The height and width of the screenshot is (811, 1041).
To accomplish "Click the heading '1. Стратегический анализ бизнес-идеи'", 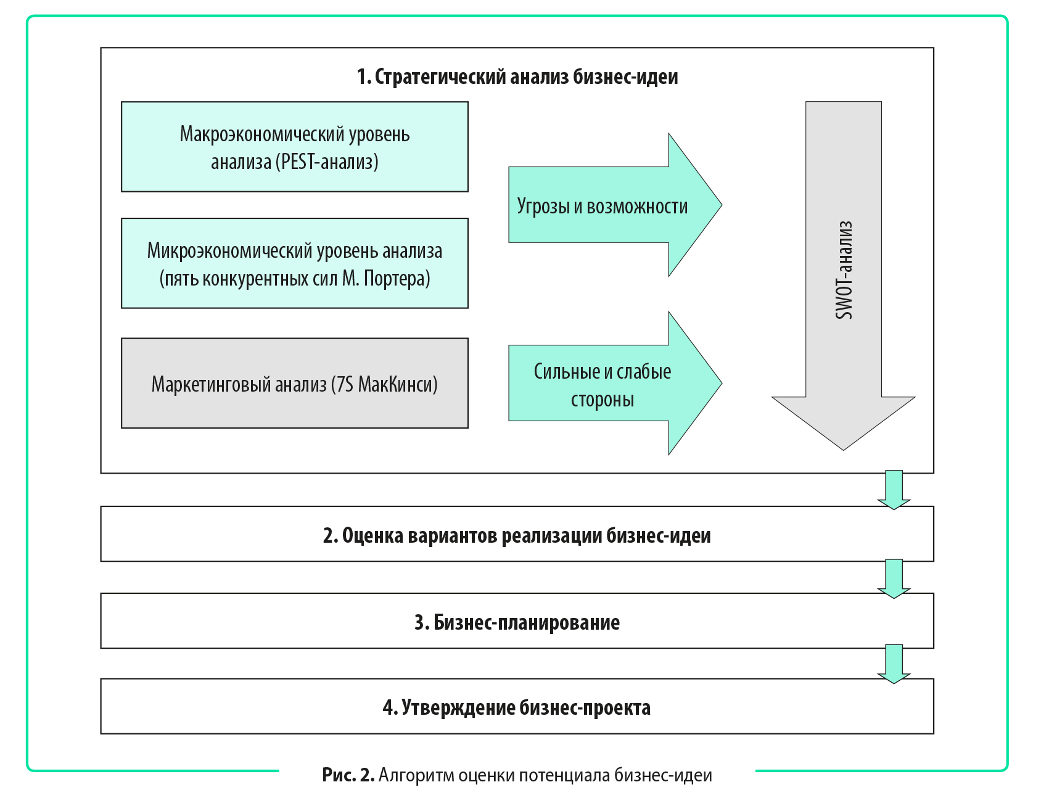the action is (x=517, y=76).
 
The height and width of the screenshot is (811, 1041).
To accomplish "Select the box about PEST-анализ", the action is (x=295, y=147).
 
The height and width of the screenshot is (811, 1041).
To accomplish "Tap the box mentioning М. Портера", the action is (x=295, y=263).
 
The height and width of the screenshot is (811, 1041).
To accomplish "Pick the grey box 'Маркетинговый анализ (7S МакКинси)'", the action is (x=295, y=383).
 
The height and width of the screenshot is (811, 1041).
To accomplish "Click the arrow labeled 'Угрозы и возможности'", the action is (x=615, y=205).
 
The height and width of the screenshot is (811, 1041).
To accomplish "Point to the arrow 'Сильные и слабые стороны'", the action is (x=615, y=383).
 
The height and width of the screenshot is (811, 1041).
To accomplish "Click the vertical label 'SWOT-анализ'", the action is (x=844, y=270).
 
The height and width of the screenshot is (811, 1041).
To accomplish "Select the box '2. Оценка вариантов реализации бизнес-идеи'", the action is (x=517, y=534).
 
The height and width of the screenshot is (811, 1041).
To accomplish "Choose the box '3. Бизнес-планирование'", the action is (x=517, y=621).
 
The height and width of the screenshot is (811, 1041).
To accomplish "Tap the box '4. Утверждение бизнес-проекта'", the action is (x=517, y=706).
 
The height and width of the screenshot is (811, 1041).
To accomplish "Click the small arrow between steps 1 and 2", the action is (x=894, y=490).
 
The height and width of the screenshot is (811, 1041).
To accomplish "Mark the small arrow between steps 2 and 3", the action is (x=894, y=578).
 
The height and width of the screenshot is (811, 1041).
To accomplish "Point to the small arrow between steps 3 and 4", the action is (x=894, y=664).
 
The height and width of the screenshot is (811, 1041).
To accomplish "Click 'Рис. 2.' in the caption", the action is (x=348, y=775).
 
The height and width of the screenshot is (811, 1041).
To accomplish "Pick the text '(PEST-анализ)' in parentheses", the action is (x=327, y=162).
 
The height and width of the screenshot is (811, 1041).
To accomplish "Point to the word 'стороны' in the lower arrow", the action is (x=603, y=400).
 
